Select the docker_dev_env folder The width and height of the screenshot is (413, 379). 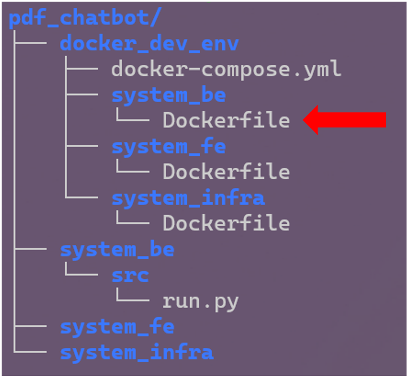point(149,44)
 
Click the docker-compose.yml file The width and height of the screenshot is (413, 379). point(226,69)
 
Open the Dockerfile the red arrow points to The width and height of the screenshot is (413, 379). point(226,121)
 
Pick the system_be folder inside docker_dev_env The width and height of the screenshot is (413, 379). point(168,95)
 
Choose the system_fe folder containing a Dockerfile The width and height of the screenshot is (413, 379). point(168,146)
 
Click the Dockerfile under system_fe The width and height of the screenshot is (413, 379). point(226,172)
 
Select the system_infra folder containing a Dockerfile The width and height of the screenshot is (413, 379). point(188,198)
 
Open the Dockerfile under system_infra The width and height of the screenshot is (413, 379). point(226,224)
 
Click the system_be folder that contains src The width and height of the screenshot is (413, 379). point(117,250)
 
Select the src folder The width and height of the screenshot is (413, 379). point(130,275)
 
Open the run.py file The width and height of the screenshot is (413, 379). point(200,301)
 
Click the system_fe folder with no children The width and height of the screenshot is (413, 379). point(117,327)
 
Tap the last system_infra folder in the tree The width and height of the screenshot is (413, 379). point(137,353)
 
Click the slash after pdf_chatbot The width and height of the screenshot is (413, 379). point(155,19)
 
